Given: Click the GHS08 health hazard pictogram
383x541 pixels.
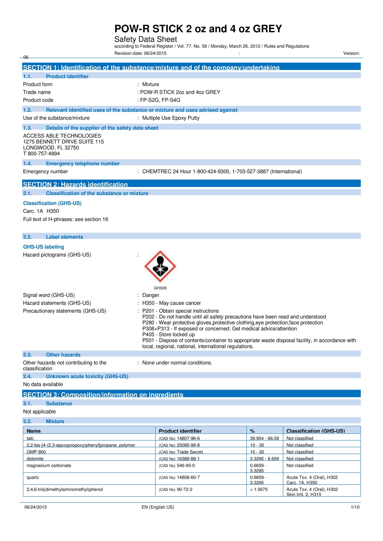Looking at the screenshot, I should point(160,266).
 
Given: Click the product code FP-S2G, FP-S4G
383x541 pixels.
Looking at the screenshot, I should point(160,100).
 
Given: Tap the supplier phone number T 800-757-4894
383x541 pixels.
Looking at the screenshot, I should point(41,154).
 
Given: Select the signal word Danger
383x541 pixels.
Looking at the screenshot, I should point(151,295).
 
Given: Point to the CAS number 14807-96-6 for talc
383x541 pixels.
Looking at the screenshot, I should point(188,438).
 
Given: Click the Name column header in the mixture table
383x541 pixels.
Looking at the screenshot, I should point(34,431).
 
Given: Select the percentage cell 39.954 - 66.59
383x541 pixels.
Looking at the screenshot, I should point(264,438).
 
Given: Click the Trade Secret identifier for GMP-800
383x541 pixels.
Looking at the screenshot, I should point(190,452).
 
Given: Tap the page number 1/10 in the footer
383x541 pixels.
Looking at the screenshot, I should point(355,507).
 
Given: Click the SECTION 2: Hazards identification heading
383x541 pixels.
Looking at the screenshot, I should point(75,184).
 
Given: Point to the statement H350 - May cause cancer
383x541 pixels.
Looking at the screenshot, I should point(172,303).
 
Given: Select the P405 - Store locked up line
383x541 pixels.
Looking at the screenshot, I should point(168,334).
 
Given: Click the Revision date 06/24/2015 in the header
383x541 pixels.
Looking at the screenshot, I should point(140,53).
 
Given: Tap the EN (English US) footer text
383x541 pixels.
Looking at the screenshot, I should point(158,507).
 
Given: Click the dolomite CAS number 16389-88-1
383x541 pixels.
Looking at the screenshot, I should point(188,459).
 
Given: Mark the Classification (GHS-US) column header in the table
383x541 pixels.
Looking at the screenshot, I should point(315,431).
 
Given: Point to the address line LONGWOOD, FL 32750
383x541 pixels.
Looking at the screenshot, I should point(51,148).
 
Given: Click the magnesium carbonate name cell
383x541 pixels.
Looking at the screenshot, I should point(49,466).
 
